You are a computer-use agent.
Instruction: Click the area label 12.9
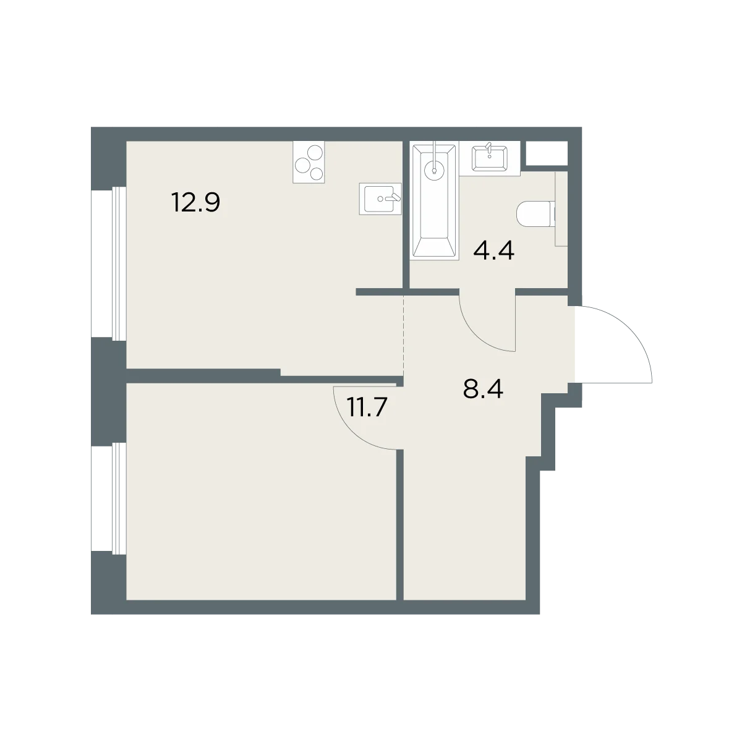pos(195,203)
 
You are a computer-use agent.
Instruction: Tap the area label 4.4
pos(493,251)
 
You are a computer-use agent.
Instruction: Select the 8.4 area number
pos(483,389)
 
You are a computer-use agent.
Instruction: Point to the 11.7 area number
pos(366,407)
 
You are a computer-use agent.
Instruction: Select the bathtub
pos(434,200)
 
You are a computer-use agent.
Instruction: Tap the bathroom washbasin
pos(489,158)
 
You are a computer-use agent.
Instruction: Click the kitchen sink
pos(380,198)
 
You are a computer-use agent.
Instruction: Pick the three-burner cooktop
pos(309,162)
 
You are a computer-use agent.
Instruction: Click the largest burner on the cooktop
pos(302,166)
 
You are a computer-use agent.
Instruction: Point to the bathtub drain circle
pos(434,169)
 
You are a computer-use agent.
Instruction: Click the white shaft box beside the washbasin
pos(547,153)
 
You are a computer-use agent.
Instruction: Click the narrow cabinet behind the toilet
pos(561,209)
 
